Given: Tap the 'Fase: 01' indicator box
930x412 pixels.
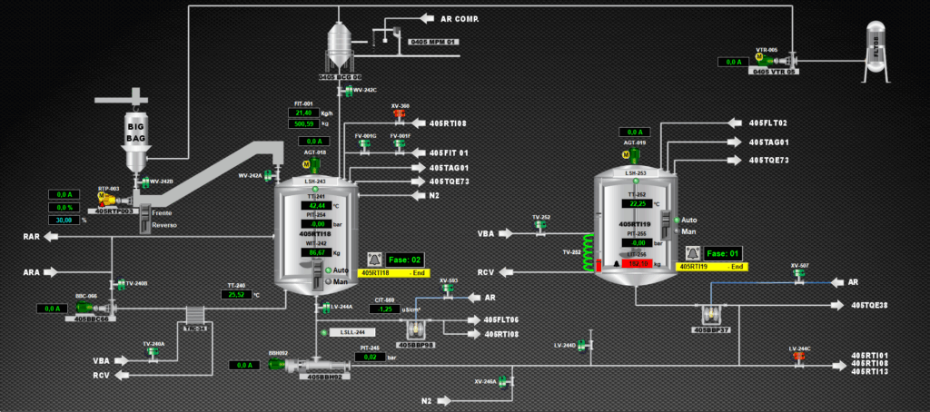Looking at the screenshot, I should (724, 253).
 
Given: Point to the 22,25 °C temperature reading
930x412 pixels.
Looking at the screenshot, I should (640, 204).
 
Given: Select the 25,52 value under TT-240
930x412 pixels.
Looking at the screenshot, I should (236, 294).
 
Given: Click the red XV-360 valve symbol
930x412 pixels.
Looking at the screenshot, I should (399, 115).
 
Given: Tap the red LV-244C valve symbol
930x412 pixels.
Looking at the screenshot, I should (799, 356).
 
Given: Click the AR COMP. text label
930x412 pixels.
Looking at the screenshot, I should (459, 18).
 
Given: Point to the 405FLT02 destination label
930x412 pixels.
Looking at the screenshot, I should (768, 123).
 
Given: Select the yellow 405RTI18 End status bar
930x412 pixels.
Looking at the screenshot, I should (393, 272).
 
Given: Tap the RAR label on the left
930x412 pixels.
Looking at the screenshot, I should (31, 237).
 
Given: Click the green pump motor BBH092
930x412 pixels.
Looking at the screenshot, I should (276, 365).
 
